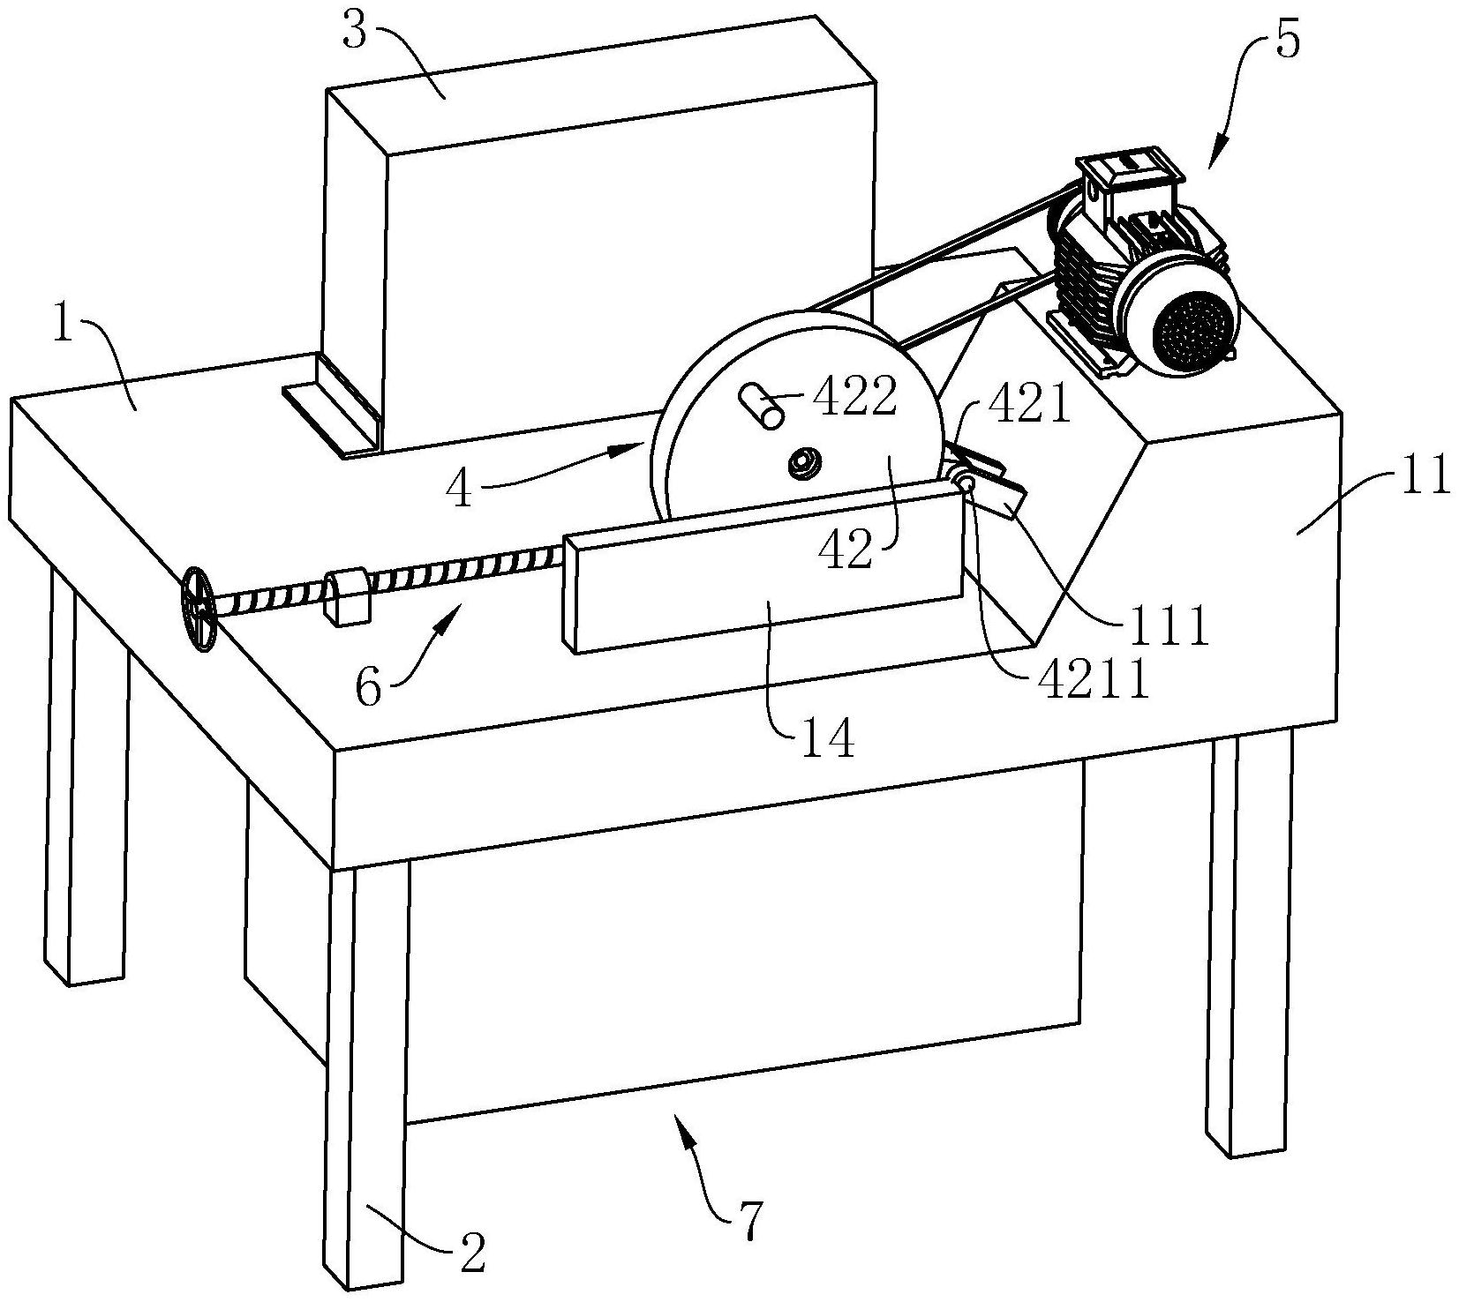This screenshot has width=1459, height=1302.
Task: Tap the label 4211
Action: [x=1094, y=679]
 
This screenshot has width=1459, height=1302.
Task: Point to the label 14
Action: [x=828, y=739]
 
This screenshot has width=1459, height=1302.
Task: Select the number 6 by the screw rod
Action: [x=370, y=687]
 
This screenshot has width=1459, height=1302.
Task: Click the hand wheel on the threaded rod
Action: [x=199, y=610]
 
